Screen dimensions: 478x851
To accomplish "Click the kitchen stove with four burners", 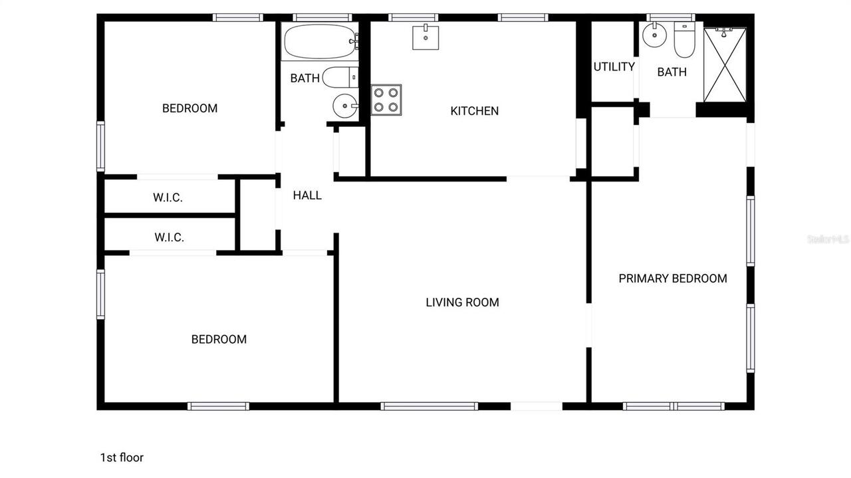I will point(386,100).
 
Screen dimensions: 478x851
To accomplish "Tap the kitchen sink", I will point(425,37).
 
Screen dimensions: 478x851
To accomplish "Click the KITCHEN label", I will point(475,111).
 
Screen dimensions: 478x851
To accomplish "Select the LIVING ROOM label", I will point(462,302).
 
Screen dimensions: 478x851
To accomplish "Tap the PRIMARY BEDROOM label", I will point(673,279).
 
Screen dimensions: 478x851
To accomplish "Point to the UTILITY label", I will point(614,66).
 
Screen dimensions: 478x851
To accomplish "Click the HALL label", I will point(307,195).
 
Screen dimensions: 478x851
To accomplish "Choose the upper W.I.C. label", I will point(168,197).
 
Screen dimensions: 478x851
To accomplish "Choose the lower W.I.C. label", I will point(169,237).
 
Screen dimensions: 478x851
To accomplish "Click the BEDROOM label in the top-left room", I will point(189,108).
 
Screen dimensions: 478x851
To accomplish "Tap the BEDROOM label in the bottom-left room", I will point(219,340).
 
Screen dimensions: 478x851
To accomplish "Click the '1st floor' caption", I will point(122,457).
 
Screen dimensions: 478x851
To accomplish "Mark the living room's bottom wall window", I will point(429,406).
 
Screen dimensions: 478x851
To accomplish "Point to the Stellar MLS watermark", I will point(828,239).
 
